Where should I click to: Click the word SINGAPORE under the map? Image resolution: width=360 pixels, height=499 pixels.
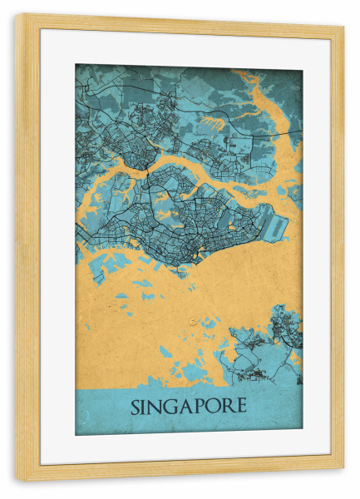click(x=188, y=407)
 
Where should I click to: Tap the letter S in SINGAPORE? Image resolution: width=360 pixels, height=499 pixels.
click(x=135, y=407)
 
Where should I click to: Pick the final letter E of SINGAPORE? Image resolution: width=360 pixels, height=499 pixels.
click(x=240, y=407)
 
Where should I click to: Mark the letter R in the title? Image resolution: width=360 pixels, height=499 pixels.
click(x=227, y=407)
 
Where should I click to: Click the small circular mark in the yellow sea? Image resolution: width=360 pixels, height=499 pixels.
click(x=193, y=319)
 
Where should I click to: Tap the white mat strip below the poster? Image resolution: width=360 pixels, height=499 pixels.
click(x=188, y=449)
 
